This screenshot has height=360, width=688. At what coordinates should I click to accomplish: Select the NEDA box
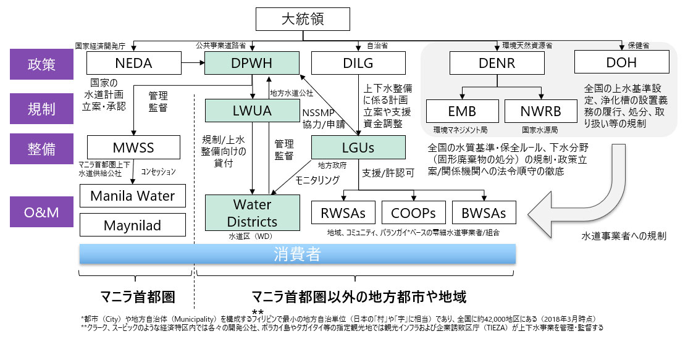[x=133, y=64]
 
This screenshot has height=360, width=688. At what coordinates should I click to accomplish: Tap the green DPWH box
[x=252, y=64]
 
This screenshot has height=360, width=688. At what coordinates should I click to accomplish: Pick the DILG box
[x=358, y=64]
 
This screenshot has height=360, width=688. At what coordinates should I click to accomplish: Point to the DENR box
[x=497, y=64]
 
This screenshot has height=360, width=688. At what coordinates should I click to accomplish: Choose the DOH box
[x=622, y=64]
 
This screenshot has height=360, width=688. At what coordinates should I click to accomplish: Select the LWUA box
[x=252, y=112]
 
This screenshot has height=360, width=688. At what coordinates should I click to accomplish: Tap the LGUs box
[x=358, y=148]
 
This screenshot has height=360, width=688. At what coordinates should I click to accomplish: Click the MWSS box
[x=133, y=148]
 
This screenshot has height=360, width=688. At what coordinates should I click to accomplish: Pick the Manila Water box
[x=133, y=196]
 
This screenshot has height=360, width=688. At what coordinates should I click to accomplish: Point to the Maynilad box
[x=133, y=224]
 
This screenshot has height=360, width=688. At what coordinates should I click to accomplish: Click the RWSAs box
[x=343, y=213]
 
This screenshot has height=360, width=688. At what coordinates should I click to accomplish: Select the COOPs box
[x=413, y=213]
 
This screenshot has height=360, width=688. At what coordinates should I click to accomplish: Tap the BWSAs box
[x=484, y=213]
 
